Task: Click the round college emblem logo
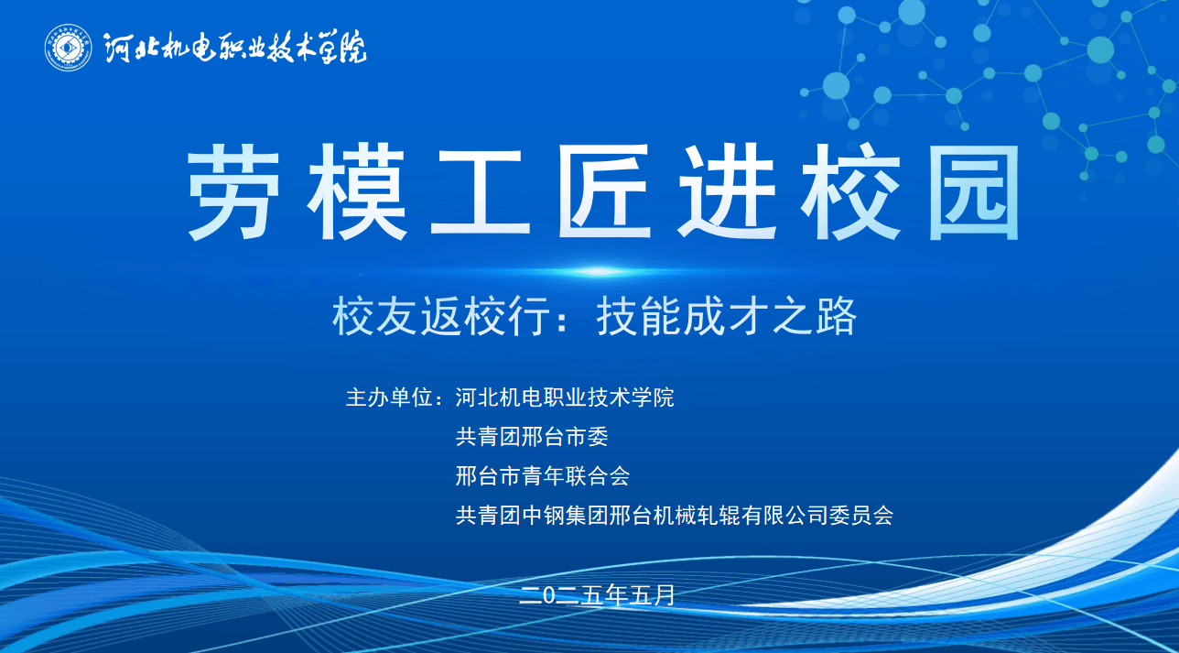tap(69, 48)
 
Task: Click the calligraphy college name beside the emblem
tap(234, 49)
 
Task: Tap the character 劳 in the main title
tap(233, 191)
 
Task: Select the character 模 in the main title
tap(357, 191)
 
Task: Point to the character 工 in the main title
tap(480, 192)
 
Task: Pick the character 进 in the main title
tap(728, 191)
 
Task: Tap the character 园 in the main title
tap(974, 192)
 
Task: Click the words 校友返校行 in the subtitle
tap(441, 317)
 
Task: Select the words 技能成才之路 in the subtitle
tap(727, 317)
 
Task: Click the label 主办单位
tap(389, 397)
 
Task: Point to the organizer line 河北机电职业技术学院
tap(564, 397)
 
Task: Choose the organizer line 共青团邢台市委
tap(532, 437)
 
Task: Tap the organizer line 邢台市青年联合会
tap(543, 476)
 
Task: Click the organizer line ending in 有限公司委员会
tap(675, 515)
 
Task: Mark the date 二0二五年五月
tap(597, 595)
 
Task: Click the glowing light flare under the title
tap(598, 272)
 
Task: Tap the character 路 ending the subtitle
tap(837, 317)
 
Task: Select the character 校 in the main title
tap(850, 191)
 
